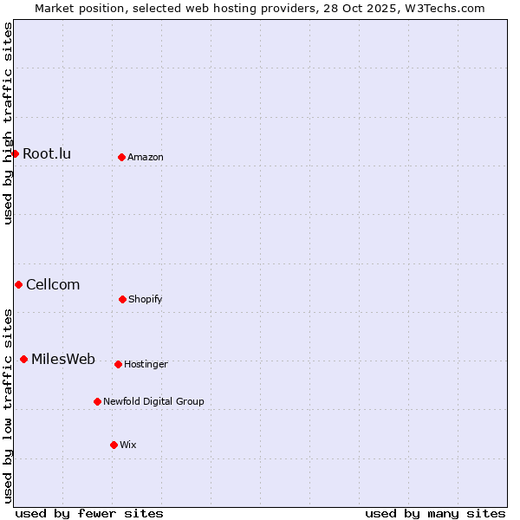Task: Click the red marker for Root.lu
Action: point(15,153)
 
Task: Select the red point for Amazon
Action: point(121,157)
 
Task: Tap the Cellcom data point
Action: point(18,284)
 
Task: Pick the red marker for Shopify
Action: point(122,299)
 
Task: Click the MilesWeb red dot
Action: point(23,359)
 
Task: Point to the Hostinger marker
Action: point(118,364)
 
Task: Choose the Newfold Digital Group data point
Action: point(97,401)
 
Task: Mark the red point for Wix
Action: point(114,445)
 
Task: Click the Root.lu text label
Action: point(47,154)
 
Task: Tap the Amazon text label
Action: point(146,158)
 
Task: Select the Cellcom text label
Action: point(53,285)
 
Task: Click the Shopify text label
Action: point(146,300)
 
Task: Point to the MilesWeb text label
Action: point(63,360)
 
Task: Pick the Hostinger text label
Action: point(146,365)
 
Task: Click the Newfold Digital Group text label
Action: point(153,402)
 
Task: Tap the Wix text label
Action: point(128,445)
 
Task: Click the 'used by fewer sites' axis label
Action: point(89,514)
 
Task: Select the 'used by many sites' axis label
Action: point(435,514)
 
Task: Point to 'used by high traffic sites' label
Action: point(8,123)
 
